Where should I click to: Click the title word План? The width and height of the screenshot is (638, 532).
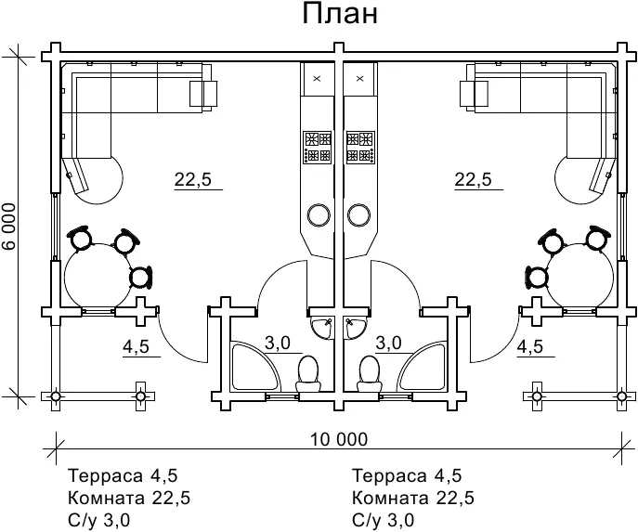(x=339, y=17)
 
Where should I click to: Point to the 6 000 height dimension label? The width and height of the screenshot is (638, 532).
(x=10, y=226)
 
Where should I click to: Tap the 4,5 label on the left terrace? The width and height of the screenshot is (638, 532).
(x=136, y=347)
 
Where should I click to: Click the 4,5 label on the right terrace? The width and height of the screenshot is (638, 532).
(x=529, y=347)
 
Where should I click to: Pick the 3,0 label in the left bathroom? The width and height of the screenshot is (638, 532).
(x=278, y=343)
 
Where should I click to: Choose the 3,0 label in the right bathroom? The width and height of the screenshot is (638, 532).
(x=388, y=343)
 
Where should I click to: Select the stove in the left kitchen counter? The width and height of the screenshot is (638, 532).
(x=318, y=146)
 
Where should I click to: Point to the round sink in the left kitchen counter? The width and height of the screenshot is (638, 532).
(x=319, y=215)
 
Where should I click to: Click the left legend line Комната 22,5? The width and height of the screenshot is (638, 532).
(x=129, y=499)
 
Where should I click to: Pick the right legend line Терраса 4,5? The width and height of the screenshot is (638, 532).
(x=407, y=476)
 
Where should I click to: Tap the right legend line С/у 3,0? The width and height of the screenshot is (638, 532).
(x=384, y=520)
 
